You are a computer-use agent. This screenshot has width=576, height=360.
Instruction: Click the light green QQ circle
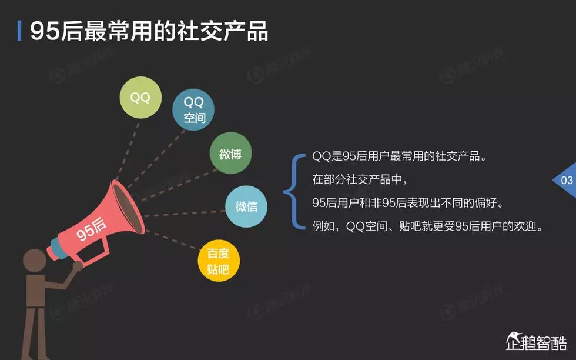[x=140, y=98]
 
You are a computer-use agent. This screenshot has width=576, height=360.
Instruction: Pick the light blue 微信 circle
[x=246, y=206]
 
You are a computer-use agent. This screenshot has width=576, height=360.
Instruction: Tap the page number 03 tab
[x=565, y=180]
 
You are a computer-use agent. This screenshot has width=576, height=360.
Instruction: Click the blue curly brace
[x=292, y=191]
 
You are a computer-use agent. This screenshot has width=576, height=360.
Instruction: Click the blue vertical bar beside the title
[x=20, y=31]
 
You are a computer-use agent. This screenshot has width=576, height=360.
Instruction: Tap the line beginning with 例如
[x=426, y=226]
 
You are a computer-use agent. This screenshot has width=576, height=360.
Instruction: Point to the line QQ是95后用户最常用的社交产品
[x=400, y=158]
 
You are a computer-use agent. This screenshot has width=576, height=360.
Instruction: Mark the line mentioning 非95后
[x=408, y=203]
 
